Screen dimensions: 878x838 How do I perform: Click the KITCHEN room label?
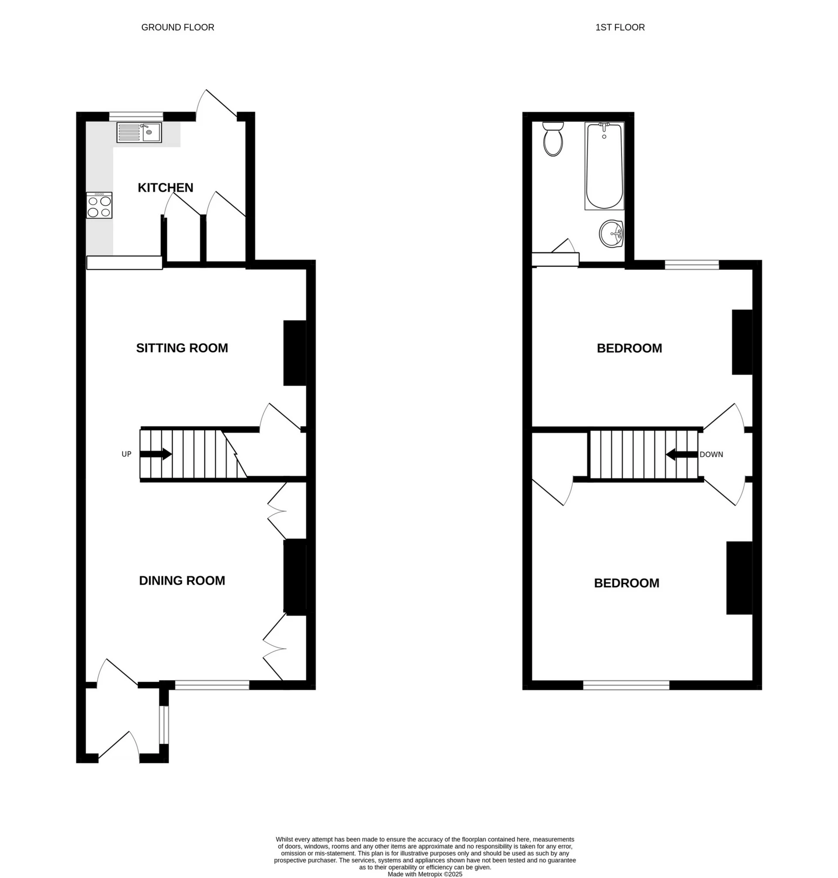[x=165, y=188]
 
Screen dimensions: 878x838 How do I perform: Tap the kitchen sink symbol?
[x=139, y=133]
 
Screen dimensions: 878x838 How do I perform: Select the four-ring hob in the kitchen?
[x=99, y=206]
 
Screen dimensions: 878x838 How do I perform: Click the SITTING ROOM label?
[x=182, y=348]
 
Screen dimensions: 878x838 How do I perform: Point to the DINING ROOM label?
[x=182, y=581]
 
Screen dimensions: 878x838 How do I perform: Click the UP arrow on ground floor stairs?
[x=156, y=454]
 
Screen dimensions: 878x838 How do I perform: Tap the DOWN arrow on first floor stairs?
[x=682, y=454]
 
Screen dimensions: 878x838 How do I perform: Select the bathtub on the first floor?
[x=604, y=166]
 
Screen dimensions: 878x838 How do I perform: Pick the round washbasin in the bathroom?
[x=611, y=233]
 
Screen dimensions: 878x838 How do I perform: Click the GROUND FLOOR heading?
[x=178, y=27]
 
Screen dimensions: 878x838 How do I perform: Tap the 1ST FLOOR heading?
[x=620, y=27]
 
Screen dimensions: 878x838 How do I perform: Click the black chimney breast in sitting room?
[x=295, y=353]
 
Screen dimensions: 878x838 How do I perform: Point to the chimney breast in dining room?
[x=295, y=577]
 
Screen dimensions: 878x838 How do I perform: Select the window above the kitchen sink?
[x=136, y=117]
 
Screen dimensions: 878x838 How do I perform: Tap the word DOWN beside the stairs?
[x=711, y=454]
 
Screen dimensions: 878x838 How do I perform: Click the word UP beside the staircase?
[x=127, y=454]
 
